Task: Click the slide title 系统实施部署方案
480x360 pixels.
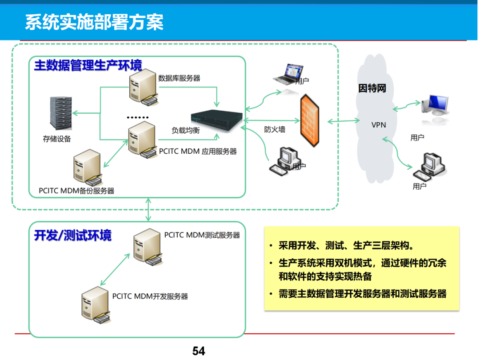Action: pyautogui.click(x=94, y=22)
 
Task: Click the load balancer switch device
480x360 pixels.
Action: pyautogui.click(x=217, y=119)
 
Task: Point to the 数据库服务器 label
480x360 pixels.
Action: pyautogui.click(x=179, y=78)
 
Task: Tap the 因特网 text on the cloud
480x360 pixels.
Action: pyautogui.click(x=372, y=88)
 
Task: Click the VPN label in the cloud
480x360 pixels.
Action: pyautogui.click(x=379, y=125)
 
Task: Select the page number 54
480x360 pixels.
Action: pyautogui.click(x=199, y=351)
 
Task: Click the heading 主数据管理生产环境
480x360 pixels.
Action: pyautogui.click(x=88, y=66)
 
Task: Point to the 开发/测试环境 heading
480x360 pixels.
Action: pyautogui.click(x=73, y=236)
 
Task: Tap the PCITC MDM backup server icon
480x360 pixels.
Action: pyautogui.click(x=87, y=168)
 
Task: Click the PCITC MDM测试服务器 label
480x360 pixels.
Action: pyautogui.click(x=202, y=235)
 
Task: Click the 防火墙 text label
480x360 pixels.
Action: pyautogui.click(x=275, y=129)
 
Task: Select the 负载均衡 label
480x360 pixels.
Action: pyautogui.click(x=186, y=130)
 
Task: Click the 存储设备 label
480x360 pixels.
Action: pyautogui.click(x=57, y=139)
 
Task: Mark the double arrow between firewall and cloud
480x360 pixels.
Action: pyautogui.click(x=344, y=120)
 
